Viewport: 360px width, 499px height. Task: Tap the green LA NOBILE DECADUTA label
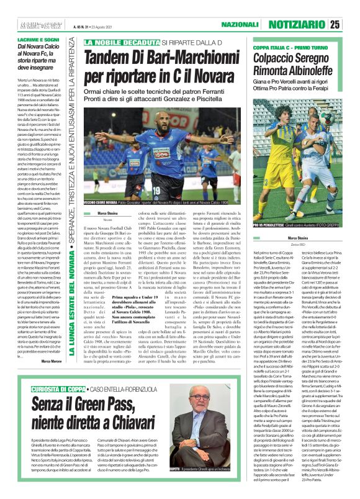(x=123, y=43)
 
